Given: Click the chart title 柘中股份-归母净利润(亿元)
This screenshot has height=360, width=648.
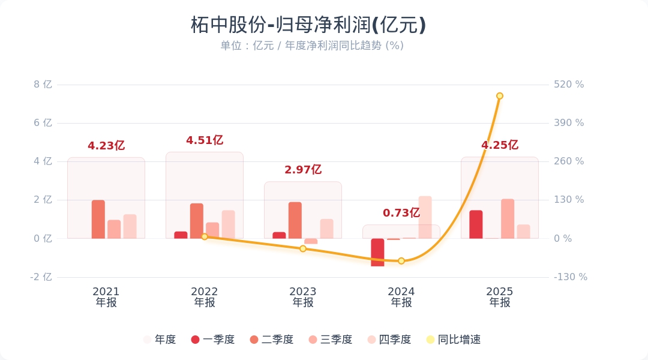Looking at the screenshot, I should tap(308, 25).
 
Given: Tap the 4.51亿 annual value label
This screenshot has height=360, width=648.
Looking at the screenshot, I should tap(205, 140).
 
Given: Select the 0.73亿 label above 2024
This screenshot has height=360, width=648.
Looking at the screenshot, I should tap(401, 213).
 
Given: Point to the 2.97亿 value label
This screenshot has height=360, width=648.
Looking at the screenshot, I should tap(303, 170).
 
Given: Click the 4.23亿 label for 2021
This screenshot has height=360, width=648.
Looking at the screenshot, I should tap(106, 146).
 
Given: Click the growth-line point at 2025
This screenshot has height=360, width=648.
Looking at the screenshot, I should tap(499, 96).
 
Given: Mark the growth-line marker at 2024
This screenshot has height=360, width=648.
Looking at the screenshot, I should tap(401, 261).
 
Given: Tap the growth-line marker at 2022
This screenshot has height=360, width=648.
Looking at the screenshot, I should tap(205, 237).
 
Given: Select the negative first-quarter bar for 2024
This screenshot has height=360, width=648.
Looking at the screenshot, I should tap(377, 252).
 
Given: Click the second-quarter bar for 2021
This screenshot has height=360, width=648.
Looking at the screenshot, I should tap(98, 219).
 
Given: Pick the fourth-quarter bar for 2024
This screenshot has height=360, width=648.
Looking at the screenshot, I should tap(425, 217).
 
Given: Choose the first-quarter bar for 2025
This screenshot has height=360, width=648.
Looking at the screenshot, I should tap(476, 224).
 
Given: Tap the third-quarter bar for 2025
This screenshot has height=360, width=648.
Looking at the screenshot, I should tap(508, 218).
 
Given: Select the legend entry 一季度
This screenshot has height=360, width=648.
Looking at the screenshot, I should tap(213, 340).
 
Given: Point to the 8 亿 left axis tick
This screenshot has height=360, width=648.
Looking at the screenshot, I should tap(43, 85).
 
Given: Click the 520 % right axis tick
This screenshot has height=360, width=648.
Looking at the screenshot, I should tap(568, 85).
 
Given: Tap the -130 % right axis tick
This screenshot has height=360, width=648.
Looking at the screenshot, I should tap(570, 277).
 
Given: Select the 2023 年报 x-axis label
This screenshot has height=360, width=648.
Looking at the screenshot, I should tap(303, 297).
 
